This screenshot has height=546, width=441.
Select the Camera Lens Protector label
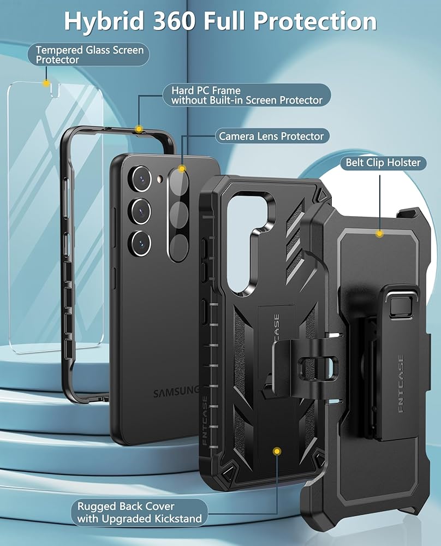pyautogui.click(x=272, y=136)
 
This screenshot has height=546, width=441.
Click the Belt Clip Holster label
pyautogui.click(x=383, y=163)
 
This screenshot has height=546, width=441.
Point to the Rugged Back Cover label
pyautogui.click(x=140, y=512)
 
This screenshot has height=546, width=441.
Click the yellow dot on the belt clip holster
pyautogui.click(x=379, y=234)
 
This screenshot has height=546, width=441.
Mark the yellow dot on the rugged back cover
pyautogui.click(x=278, y=451)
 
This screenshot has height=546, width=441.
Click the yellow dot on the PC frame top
pyautogui.click(x=139, y=129)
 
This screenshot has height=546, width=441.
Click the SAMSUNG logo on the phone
pyautogui.click(x=176, y=392)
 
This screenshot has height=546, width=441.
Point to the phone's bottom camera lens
pyautogui.click(x=141, y=241)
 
